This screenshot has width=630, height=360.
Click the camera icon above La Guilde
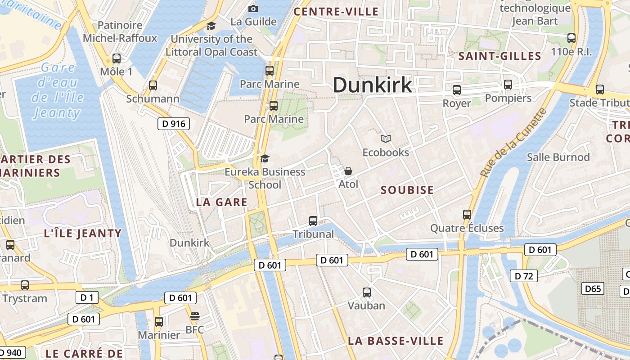pyautogui.click(x=253, y=9)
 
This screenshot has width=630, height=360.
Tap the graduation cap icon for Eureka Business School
pyautogui.click(x=265, y=158)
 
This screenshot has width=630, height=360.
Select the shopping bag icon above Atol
pyautogui.click(x=348, y=171)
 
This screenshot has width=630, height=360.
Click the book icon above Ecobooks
pyautogui.click(x=386, y=139)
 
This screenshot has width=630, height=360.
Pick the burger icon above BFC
pyautogui.click(x=194, y=316)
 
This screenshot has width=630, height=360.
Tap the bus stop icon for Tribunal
pyautogui.click(x=313, y=221)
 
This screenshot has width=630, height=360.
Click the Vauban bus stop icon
pyautogui.click(x=367, y=292)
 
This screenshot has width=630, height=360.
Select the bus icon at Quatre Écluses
pyautogui.click(x=467, y=215)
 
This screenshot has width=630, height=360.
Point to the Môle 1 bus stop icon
pyautogui.click(x=117, y=58)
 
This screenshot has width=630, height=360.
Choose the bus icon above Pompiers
pyautogui.click(x=508, y=85)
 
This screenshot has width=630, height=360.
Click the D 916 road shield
pyautogui.click(x=174, y=124)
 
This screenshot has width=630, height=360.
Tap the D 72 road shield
pyautogui.click(x=524, y=276)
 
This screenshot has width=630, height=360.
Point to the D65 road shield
pyautogui.click(x=593, y=288)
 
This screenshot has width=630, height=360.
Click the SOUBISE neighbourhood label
pyautogui.click(x=407, y=190)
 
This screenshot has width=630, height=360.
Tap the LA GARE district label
pyautogui.click(x=222, y=202)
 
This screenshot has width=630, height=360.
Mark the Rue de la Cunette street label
pyautogui.click(x=513, y=143)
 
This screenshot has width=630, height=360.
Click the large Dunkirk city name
pyautogui.click(x=372, y=85)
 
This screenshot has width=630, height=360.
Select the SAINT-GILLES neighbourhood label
pyautogui.click(x=499, y=56)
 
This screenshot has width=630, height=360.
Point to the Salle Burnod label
pyautogui.click(x=558, y=157)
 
